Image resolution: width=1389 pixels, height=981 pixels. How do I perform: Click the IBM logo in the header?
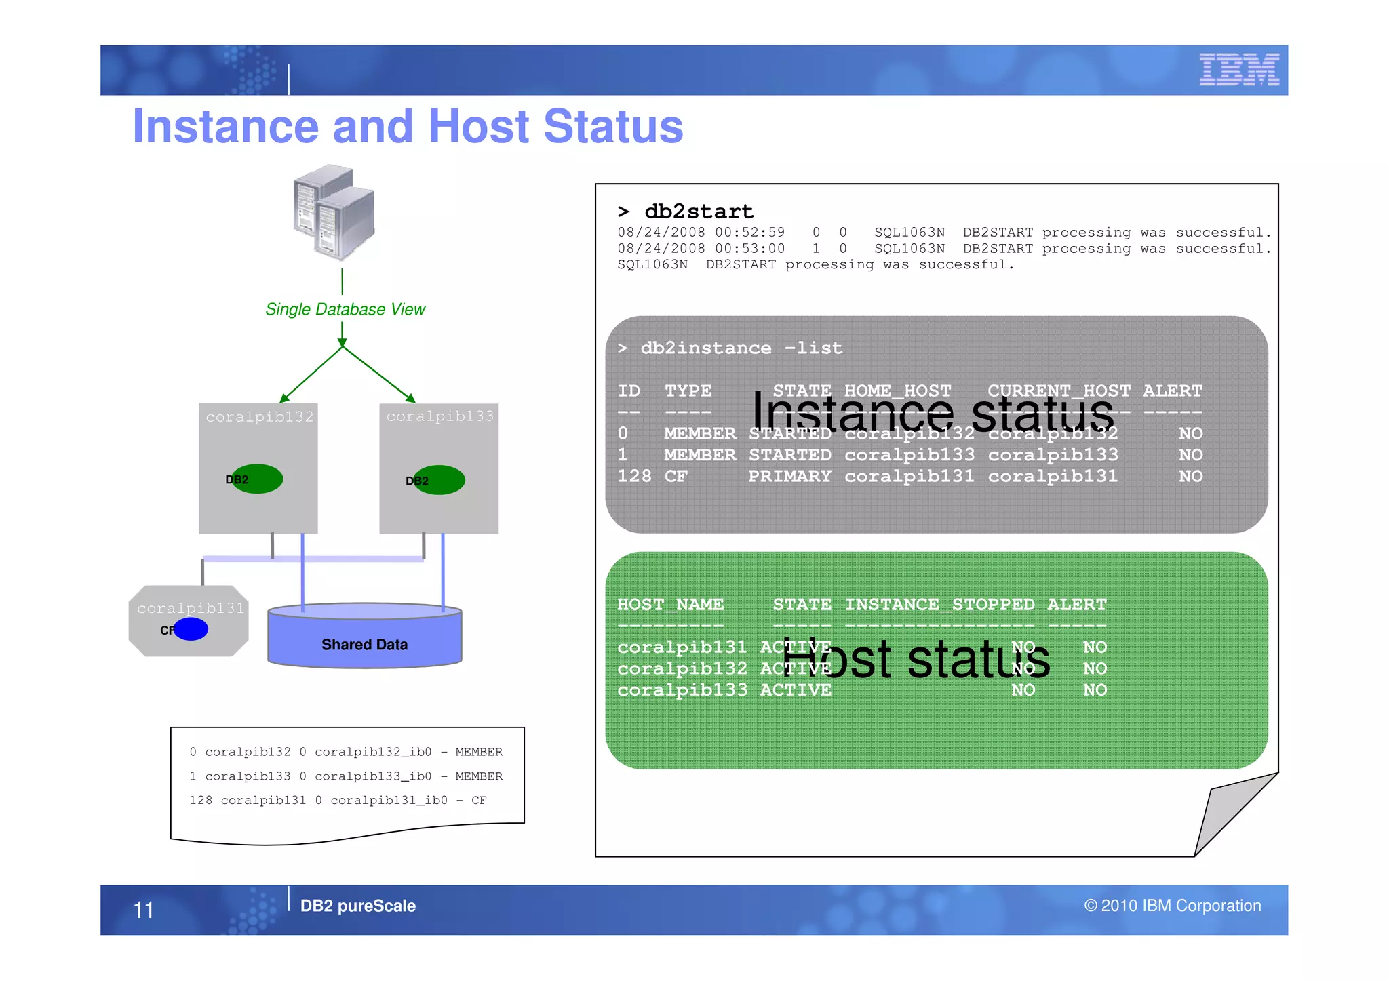1238,69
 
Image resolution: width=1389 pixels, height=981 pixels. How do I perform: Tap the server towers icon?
334,212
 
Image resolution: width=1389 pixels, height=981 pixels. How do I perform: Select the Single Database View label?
345,309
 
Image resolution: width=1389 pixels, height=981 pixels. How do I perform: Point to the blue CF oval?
191,629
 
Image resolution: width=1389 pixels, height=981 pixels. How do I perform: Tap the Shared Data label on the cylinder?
364,644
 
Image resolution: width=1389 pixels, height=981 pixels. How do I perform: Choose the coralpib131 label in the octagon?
191,608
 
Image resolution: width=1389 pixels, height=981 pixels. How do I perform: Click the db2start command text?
699,212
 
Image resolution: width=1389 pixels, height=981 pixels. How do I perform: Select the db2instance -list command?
741,348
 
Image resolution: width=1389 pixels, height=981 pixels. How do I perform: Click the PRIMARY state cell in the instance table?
789,476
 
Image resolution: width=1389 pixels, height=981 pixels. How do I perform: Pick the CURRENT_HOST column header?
1058,391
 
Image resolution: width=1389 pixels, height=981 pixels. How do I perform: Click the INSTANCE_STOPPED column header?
939,604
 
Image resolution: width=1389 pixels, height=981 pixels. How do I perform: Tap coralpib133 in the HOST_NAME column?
682,689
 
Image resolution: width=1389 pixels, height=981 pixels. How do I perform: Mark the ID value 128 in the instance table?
633,476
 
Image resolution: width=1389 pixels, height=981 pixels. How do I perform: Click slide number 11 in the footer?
144,910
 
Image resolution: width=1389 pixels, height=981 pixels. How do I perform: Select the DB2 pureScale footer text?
357,906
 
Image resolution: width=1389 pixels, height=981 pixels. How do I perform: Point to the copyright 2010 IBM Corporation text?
1172,906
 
